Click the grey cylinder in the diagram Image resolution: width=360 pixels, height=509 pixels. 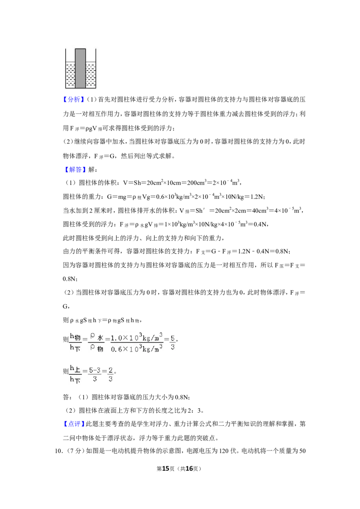80,68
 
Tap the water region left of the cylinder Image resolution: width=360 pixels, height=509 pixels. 71,75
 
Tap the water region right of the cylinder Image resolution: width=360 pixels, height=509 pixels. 90,75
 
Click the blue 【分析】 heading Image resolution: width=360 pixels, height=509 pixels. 74,100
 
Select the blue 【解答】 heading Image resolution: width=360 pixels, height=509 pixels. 74,170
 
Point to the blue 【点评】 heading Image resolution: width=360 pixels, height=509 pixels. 74,424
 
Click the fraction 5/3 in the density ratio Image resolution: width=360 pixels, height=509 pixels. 172,343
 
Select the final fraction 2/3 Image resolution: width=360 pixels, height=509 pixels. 110,374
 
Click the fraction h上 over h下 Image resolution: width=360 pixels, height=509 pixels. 76,374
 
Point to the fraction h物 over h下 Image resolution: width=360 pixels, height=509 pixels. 76,343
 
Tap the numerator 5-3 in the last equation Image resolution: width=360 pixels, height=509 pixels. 94,370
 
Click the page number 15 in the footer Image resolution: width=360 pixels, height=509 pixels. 166,469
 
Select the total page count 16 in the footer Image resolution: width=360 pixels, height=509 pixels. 189,469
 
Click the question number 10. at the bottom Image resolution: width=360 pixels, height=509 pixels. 58,451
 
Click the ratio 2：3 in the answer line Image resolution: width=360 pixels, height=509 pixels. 195,411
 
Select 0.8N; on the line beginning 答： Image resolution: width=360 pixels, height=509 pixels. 183,397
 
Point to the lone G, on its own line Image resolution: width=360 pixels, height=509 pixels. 66,307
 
